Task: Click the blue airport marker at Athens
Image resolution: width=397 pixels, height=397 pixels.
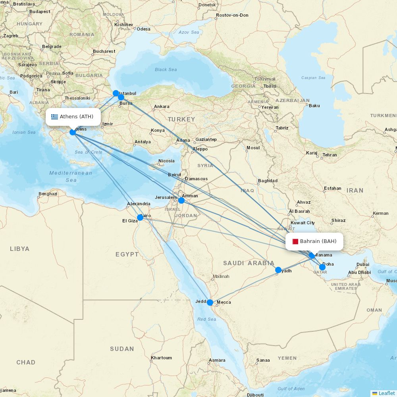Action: (73, 132)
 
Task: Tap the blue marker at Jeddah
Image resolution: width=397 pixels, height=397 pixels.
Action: (210, 303)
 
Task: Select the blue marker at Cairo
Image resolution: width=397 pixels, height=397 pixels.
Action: (140, 217)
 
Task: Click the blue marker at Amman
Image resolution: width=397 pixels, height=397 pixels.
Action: (181, 200)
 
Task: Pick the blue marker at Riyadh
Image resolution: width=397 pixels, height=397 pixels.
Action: (278, 270)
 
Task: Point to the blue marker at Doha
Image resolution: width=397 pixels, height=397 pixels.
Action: (322, 267)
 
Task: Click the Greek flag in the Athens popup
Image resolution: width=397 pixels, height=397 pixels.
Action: (54, 117)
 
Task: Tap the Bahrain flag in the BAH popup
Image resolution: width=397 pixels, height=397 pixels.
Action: (295, 241)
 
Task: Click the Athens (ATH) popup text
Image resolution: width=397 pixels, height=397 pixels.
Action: (77, 117)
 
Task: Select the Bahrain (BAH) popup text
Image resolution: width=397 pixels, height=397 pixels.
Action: (318, 241)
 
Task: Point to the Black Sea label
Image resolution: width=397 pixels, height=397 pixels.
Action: (166, 70)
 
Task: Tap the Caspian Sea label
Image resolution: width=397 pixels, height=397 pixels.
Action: (313, 78)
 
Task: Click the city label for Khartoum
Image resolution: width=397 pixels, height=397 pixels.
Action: (162, 358)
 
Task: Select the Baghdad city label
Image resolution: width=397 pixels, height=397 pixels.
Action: (268, 181)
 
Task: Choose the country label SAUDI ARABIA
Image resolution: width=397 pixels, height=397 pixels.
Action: (249, 263)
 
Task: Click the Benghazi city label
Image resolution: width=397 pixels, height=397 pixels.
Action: (48, 194)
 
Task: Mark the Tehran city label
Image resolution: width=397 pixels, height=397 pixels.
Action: (330, 155)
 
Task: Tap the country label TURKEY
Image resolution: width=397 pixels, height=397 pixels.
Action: (181, 119)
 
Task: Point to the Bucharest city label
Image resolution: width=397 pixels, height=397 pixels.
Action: (104, 51)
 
